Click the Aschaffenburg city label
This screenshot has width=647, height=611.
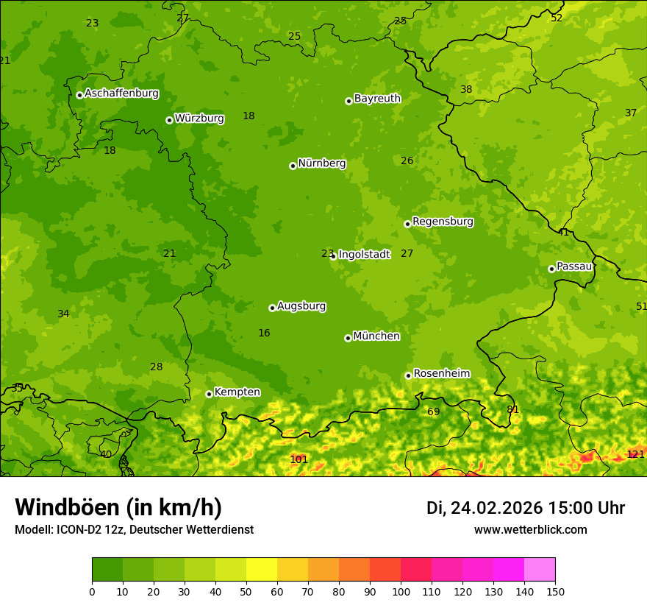point(121,93)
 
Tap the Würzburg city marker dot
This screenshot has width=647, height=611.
point(169,120)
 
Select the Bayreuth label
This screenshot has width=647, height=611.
point(377,98)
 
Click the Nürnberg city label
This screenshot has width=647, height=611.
point(321,163)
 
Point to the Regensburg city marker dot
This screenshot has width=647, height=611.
point(407,224)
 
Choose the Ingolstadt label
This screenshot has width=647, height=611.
point(364,254)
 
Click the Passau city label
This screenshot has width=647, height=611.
point(574,266)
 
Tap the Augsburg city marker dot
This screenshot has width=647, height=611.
point(272,308)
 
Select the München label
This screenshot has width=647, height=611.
point(376,336)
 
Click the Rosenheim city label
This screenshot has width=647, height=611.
point(441,373)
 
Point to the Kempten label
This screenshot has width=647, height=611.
point(237,392)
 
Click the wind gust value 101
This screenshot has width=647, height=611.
point(299,459)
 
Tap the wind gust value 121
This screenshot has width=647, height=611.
point(635,454)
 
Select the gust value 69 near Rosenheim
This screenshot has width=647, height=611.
point(434,412)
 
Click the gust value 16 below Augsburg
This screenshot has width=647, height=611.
point(264,333)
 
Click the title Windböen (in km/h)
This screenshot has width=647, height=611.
point(118,507)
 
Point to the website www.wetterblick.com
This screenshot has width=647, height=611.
point(530,529)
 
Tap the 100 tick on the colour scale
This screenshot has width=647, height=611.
point(401,591)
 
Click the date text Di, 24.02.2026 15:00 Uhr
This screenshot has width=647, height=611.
point(525,508)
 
